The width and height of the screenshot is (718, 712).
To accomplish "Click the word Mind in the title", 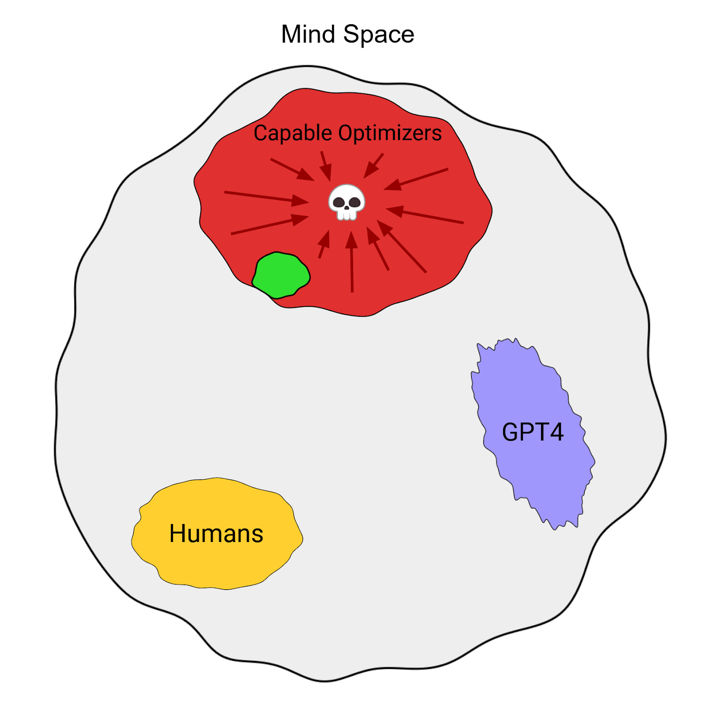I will point(308,34).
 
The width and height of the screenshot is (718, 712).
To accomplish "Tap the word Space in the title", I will point(379,35).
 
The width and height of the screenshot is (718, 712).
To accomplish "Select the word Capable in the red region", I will point(293,133).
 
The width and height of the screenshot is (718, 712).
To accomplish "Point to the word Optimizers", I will point(390,134).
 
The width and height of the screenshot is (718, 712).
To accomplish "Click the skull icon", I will point(346,202).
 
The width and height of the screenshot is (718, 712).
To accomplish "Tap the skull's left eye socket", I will point(339,202).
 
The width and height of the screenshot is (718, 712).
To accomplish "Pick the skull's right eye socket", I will point(355,202).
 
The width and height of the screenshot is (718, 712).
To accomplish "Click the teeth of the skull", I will point(346,215).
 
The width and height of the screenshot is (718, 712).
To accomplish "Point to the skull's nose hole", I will point(346,208).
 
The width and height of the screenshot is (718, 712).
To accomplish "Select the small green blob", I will point(281,275).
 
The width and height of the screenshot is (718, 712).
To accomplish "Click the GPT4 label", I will point(532,432).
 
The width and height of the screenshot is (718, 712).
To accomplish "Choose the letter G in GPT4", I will point(511,432).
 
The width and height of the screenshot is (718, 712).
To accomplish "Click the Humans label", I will point(216,533).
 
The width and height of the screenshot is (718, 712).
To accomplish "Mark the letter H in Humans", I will point(178,533).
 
